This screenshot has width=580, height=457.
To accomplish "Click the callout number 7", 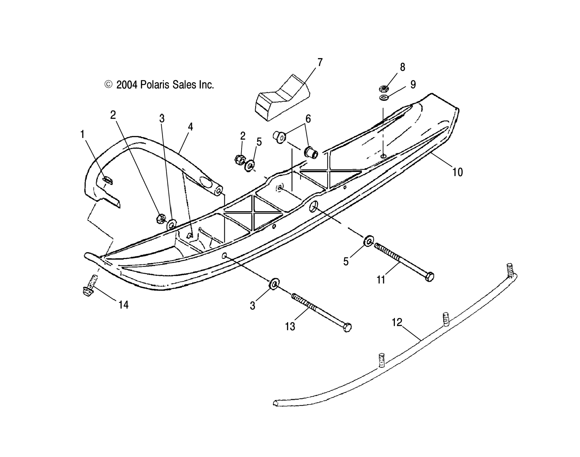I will (320, 62).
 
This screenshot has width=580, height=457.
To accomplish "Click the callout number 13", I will (290, 326).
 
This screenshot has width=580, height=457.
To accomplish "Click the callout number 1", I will (83, 134).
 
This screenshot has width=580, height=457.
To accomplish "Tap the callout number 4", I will (190, 127).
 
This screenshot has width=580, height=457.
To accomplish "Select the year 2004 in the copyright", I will (127, 85).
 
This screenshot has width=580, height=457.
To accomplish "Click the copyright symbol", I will (108, 85).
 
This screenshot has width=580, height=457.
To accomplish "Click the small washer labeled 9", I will (384, 97).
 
